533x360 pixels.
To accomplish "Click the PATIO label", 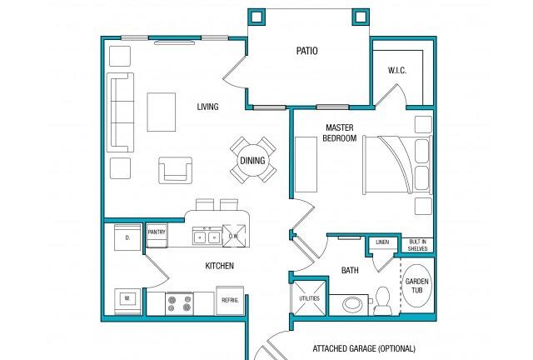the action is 307,51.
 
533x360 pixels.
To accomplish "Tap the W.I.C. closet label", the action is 397,71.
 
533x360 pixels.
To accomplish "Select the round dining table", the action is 252,160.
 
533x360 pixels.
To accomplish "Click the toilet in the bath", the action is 382,302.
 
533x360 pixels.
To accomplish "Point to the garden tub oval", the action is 417,286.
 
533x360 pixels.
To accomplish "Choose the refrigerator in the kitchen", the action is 230,301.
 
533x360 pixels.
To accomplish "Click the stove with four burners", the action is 180,303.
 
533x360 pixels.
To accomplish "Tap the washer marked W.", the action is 127,302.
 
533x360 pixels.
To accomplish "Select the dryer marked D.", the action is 127,237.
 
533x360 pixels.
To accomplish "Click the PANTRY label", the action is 157,232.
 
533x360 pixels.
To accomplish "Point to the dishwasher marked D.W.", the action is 234,236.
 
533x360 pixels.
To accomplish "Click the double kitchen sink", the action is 207,237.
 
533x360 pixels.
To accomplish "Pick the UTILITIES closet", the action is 309,298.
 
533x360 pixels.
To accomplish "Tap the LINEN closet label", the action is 382,242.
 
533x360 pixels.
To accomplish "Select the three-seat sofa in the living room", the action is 120,112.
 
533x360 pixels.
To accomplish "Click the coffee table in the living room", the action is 162,112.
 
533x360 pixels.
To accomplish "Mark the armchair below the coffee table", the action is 176,170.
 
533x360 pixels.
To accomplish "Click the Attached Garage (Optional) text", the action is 364,349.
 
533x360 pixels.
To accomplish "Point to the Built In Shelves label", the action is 418,245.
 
